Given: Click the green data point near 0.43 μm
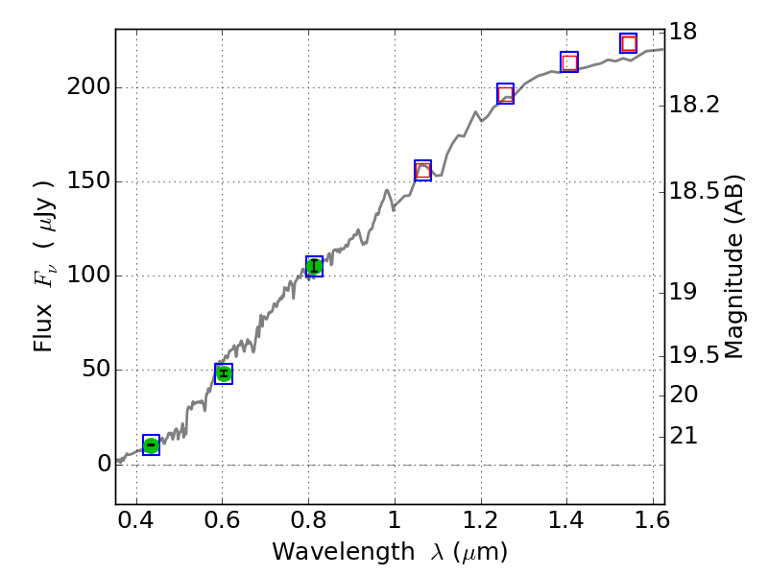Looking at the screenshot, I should pyautogui.click(x=151, y=444).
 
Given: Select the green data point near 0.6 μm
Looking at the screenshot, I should pyautogui.click(x=224, y=373).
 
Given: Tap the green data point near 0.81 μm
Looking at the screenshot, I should pyautogui.click(x=314, y=266).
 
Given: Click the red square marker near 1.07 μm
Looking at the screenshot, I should pyautogui.click(x=422, y=171).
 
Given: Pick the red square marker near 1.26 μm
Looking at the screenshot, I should pyautogui.click(x=505, y=93).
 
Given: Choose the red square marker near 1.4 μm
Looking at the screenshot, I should pyautogui.click(x=569, y=62).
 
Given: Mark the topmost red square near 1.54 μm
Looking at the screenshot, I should pyautogui.click(x=629, y=43).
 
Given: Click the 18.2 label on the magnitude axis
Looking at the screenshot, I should pyautogui.click(x=694, y=104).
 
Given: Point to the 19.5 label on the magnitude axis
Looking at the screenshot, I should pyautogui.click(x=694, y=356).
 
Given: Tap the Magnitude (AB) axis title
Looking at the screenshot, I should pyautogui.click(x=734, y=267).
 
